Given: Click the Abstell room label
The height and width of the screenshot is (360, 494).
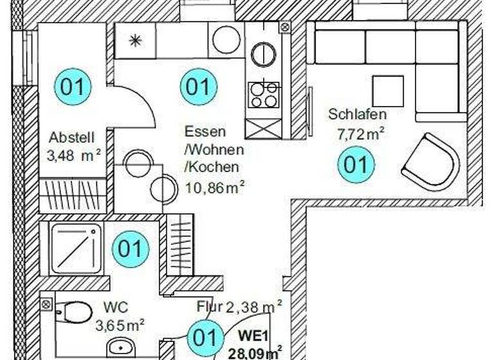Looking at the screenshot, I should [x=72, y=137].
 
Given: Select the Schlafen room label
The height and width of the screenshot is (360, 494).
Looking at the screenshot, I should [x=357, y=115].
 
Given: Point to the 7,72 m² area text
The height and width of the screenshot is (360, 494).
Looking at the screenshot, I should [x=361, y=134].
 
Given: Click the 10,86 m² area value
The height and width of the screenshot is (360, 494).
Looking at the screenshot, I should [x=215, y=186].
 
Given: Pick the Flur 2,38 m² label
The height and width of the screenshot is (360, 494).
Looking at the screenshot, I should [x=239, y=307].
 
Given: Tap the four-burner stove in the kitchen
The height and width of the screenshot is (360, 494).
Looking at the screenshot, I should [x=264, y=95].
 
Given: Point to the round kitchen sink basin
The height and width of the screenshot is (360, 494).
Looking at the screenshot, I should [x=226, y=40].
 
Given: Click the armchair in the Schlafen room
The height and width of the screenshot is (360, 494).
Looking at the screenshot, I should [x=430, y=161].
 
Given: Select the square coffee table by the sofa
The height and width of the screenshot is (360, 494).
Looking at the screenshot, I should [x=388, y=91].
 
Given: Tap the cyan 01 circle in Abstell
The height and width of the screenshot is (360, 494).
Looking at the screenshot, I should [x=72, y=86].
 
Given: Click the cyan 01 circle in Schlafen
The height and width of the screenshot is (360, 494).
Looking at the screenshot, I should [x=356, y=165].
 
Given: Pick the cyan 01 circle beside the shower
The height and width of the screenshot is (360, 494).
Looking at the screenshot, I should [x=131, y=249].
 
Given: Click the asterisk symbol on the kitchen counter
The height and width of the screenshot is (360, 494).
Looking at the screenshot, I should [x=135, y=40].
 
